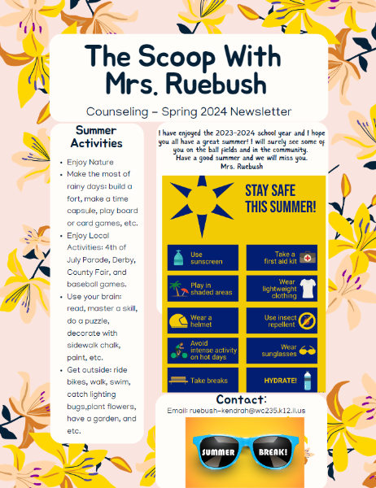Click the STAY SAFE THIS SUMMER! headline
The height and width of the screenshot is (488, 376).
[280, 198]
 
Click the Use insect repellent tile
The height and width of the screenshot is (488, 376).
[286, 320]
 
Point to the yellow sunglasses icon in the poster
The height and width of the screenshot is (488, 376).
[307, 351]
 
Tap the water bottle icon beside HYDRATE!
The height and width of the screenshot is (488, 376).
[308, 380]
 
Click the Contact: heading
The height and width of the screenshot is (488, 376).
[242, 400]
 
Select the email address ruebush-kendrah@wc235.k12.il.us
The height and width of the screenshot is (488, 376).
[242, 412]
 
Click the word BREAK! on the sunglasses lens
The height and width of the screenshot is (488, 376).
[269, 454]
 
